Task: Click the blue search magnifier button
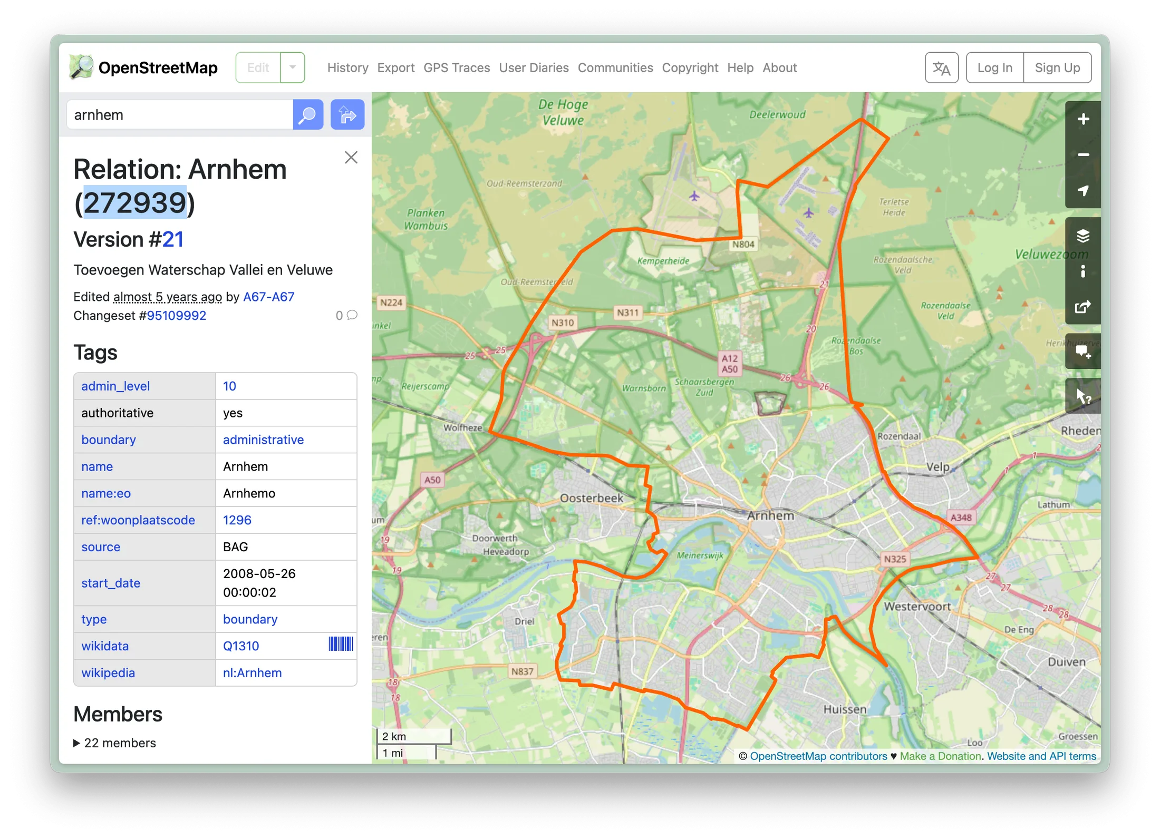click(308, 115)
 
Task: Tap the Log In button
click(994, 68)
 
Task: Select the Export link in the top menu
click(395, 68)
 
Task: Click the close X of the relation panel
click(351, 158)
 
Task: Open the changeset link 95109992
click(176, 316)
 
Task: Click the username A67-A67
click(268, 297)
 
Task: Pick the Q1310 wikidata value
click(241, 646)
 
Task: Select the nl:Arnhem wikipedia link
click(252, 673)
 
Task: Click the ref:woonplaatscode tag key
click(138, 520)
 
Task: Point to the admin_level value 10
click(229, 386)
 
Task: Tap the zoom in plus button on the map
click(1083, 120)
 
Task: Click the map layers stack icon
click(1083, 236)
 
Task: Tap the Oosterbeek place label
click(591, 498)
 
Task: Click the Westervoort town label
click(917, 607)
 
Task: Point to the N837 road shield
click(522, 671)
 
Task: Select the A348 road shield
click(961, 518)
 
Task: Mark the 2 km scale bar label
click(394, 736)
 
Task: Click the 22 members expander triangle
click(77, 743)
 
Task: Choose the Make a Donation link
click(940, 756)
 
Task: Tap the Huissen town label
click(845, 709)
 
